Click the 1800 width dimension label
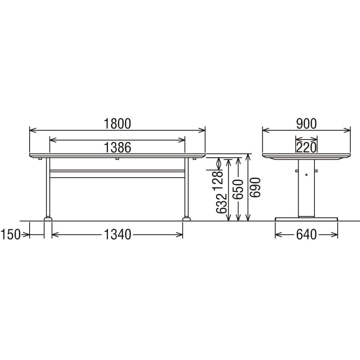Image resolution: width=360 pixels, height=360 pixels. click(117, 124)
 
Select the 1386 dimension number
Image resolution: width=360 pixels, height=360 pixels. click(117, 147)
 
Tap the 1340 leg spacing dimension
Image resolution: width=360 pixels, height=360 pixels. click(117, 234)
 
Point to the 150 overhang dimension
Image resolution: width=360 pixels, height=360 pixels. click(10, 234)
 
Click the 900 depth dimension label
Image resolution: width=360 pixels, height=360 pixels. click(306, 124)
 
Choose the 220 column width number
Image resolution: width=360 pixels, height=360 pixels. click(306, 147)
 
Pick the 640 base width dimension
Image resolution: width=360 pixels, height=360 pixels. click(306, 234)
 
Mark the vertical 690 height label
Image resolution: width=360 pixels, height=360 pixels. click(256, 187)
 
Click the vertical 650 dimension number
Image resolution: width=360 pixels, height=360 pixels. click(238, 190)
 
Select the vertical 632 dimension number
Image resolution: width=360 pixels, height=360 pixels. click(222, 204)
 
